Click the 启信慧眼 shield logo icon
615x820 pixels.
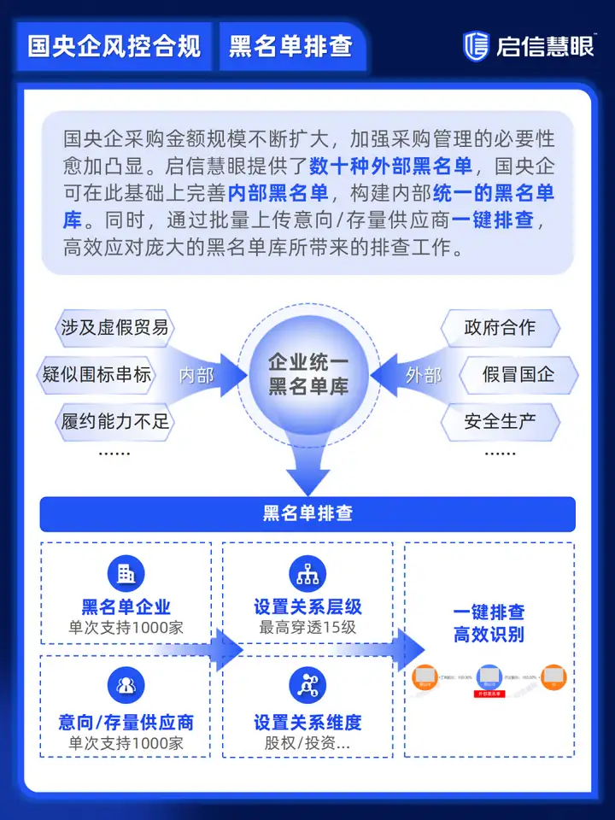pyautogui.click(x=476, y=46)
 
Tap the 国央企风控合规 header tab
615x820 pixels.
pyautogui.click(x=114, y=46)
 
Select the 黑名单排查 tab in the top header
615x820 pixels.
pyautogui.click(x=290, y=46)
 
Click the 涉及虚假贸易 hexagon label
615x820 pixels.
pyautogui.click(x=114, y=328)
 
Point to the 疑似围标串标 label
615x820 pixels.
pyautogui.click(x=97, y=374)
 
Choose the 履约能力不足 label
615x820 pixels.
pyautogui.click(x=114, y=421)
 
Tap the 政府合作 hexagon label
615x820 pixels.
pyautogui.click(x=500, y=328)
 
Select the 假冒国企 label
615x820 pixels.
pyautogui.click(x=518, y=374)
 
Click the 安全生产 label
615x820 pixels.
pyautogui.click(x=500, y=421)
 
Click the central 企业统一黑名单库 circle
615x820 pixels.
pyautogui.click(x=307, y=374)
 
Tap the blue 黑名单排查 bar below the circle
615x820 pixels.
pyautogui.click(x=307, y=513)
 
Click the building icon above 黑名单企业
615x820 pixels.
pyautogui.click(x=126, y=573)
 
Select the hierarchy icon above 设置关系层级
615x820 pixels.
pyautogui.click(x=307, y=573)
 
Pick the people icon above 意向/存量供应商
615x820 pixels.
pyautogui.click(x=126, y=685)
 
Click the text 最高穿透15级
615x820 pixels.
pyautogui.click(x=307, y=628)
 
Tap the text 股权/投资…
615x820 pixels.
pyautogui.click(x=307, y=742)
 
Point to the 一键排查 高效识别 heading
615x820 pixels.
pyautogui.click(x=489, y=624)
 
